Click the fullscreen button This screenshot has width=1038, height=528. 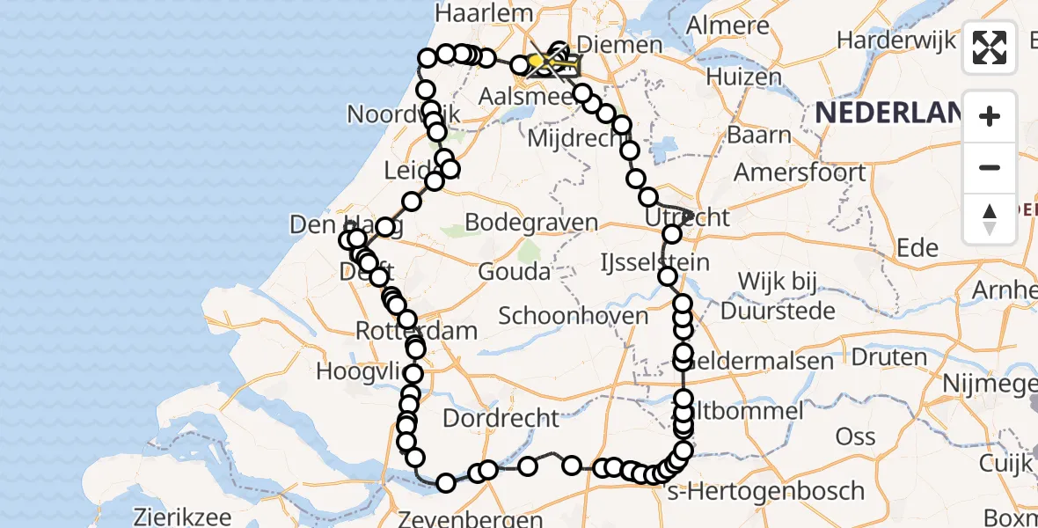(990, 48)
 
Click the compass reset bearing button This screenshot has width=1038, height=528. (990, 219)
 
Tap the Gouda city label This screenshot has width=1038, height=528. (514, 271)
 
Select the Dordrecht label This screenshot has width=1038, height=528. (501, 417)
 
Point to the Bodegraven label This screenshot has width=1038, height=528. (531, 223)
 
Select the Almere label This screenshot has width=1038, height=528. (715, 26)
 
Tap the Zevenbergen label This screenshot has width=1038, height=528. (482, 517)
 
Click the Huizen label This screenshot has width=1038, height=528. (749, 77)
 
